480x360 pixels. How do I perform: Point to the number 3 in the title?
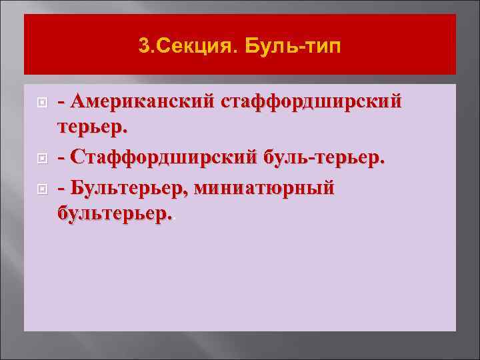[x=144, y=46]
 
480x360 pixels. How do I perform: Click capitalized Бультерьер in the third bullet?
[x=130, y=188]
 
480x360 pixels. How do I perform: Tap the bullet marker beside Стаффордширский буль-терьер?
[x=41, y=158]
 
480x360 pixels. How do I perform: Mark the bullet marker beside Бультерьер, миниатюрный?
[x=41, y=189]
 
